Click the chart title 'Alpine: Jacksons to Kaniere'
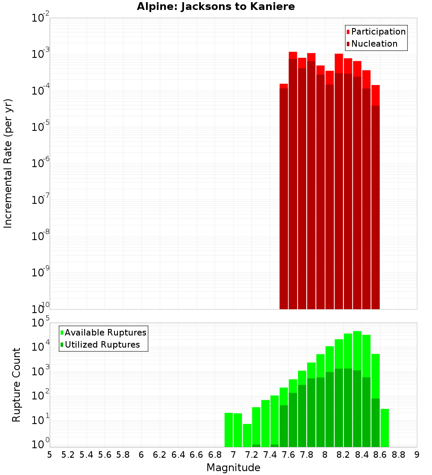[216, 7]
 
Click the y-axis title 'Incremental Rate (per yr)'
[8, 163]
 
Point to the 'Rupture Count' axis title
[16, 385]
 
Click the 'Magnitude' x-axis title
[233, 468]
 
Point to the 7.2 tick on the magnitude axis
[251, 455]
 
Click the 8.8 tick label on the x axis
[398, 455]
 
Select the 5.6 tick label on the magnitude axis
[105, 455]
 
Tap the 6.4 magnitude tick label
[178, 455]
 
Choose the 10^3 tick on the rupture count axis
[40, 371]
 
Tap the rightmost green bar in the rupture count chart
[384, 427]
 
